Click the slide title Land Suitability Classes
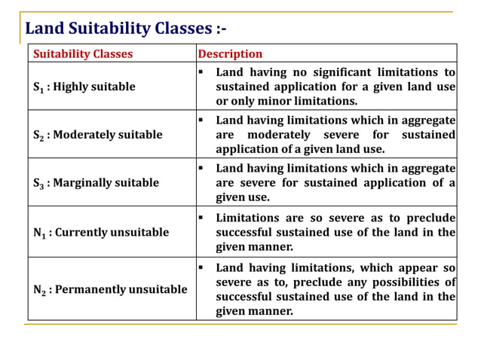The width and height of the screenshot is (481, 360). (x=125, y=29)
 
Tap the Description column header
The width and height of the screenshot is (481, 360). (x=230, y=54)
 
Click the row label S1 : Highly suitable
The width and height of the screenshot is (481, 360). (x=84, y=87)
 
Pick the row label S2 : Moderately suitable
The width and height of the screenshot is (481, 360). (x=98, y=135)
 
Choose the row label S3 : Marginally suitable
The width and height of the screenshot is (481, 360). (x=97, y=183)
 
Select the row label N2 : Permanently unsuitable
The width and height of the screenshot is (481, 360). (x=110, y=289)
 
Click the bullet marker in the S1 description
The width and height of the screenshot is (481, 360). (x=203, y=72)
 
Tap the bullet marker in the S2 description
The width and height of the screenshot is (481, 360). (x=203, y=121)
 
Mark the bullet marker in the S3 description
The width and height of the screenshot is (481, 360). (x=203, y=169)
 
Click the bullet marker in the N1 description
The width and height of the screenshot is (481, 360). (x=203, y=218)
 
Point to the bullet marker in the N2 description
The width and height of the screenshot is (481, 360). (x=203, y=267)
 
